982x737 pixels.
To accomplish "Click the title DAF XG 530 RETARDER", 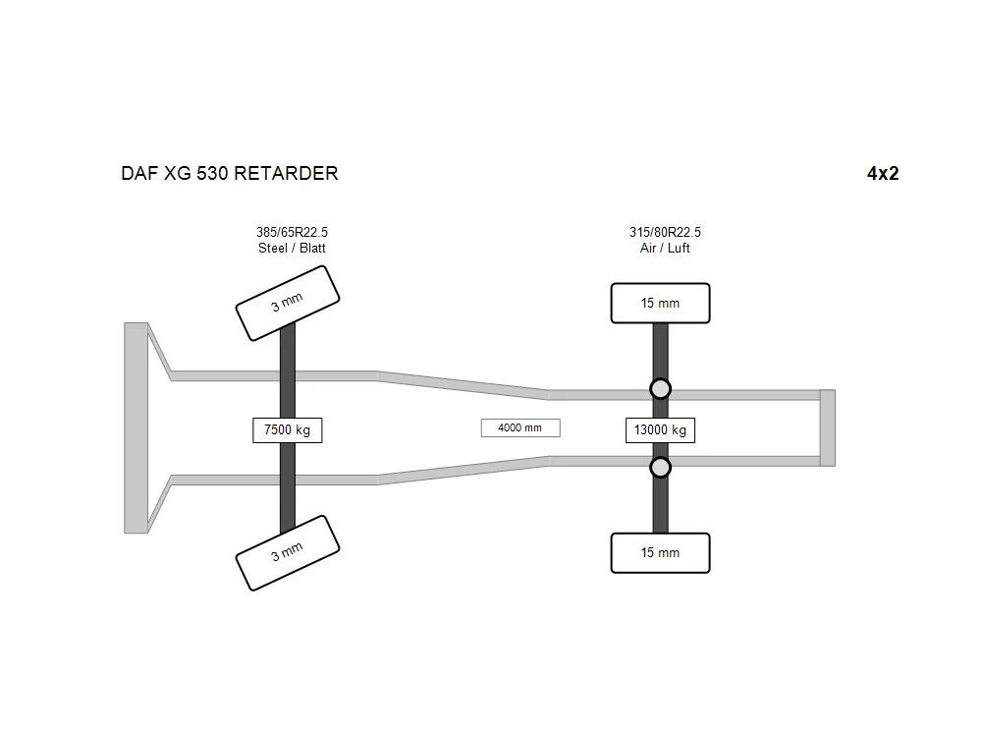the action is (229, 173).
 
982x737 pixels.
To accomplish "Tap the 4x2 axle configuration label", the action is (883, 173).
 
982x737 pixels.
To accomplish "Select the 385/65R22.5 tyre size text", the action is (292, 232).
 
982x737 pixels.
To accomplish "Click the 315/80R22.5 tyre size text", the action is (665, 232).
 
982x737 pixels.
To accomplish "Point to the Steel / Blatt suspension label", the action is (292, 249).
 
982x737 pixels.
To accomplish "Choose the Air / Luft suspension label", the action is (665, 249).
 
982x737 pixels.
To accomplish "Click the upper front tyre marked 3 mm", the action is (288, 304).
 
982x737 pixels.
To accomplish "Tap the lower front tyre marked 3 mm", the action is (288, 552).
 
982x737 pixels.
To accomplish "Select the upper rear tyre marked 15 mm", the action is (660, 304).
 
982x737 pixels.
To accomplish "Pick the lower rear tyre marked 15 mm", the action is (660, 552).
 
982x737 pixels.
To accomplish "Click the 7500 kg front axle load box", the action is (288, 430).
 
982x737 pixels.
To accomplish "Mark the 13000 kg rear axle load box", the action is (660, 430).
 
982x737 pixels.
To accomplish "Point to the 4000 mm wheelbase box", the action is (520, 428).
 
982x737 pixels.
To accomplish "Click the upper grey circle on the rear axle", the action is (660, 388).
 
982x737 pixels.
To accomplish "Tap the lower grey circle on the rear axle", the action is (660, 468).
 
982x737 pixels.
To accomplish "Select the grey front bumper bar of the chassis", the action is (136, 428).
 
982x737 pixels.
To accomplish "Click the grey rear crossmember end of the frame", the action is (827, 428).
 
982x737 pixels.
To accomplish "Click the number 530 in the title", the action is (212, 173).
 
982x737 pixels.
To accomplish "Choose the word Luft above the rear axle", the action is (679, 249).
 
